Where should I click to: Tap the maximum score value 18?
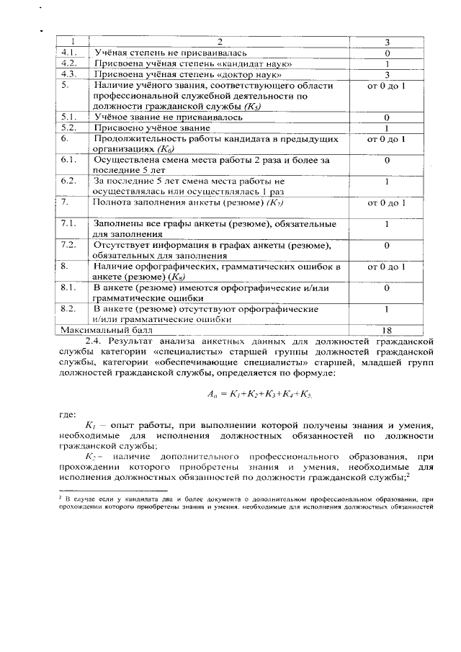tap(387, 329)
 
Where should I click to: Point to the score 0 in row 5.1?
tap(387, 116)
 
